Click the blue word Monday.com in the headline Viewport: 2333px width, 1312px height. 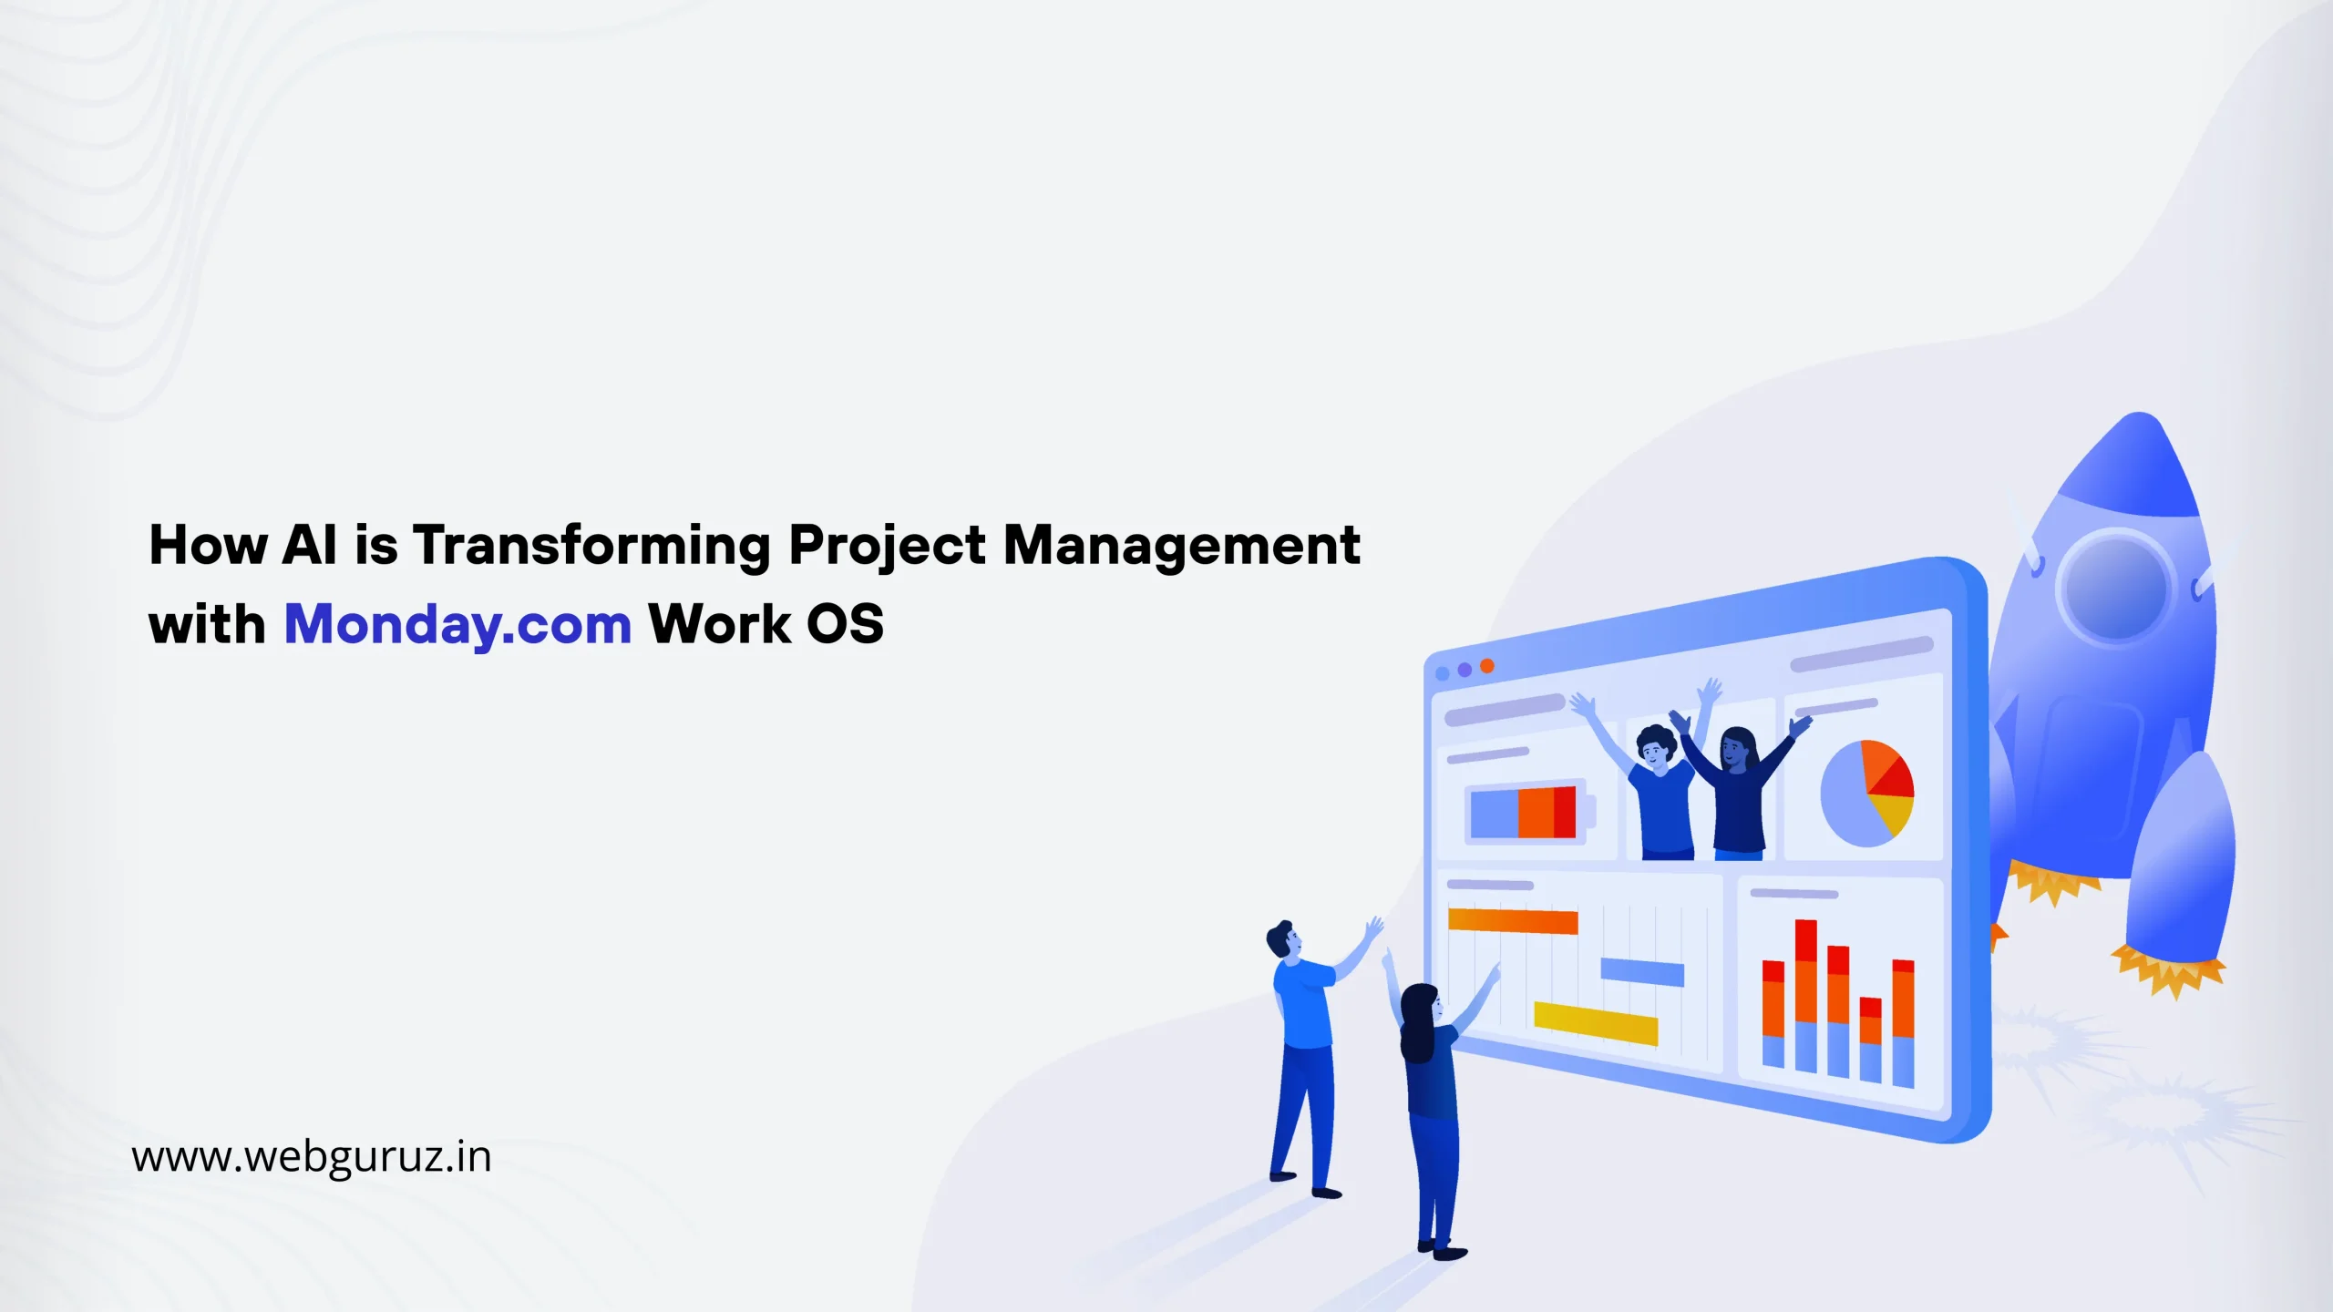[x=458, y=626]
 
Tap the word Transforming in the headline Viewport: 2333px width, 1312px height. [x=592, y=547]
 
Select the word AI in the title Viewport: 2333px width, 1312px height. [x=311, y=545]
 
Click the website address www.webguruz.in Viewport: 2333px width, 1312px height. [x=312, y=1157]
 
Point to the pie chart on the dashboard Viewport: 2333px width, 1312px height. [x=1866, y=793]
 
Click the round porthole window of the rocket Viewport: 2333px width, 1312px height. [x=2114, y=585]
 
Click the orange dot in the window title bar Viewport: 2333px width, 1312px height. [x=1487, y=666]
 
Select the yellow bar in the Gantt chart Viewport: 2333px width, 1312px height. [x=1596, y=1023]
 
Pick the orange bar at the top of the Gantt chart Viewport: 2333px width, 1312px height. [x=1513, y=921]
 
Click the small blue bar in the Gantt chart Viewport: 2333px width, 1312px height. [x=1642, y=973]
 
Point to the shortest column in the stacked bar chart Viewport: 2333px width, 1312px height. [x=1871, y=1040]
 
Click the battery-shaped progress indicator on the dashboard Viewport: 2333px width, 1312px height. [x=1529, y=811]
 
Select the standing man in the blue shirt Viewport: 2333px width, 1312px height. [x=1312, y=1057]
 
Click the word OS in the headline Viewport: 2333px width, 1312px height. [x=845, y=624]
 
